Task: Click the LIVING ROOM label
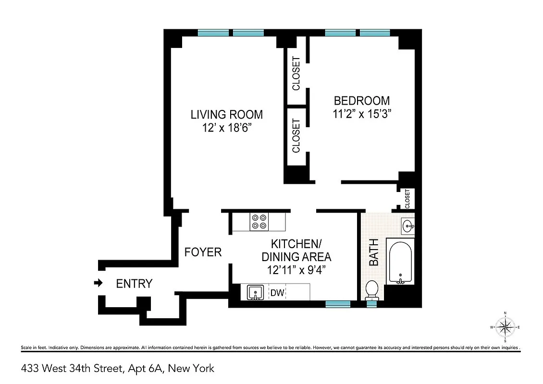click(x=227, y=115)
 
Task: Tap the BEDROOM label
click(x=361, y=101)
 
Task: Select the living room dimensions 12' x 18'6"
click(x=227, y=129)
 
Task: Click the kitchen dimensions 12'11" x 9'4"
click(x=296, y=270)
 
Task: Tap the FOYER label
click(x=203, y=252)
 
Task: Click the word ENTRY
click(x=135, y=284)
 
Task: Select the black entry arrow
click(x=98, y=283)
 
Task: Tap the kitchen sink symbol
click(x=255, y=292)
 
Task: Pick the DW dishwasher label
click(x=277, y=292)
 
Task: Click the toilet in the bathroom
click(x=371, y=290)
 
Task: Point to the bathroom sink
click(x=407, y=225)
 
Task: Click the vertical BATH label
click(x=374, y=252)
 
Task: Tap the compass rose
click(x=505, y=327)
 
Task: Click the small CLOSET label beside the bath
click(x=407, y=198)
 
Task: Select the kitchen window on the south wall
click(x=337, y=303)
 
